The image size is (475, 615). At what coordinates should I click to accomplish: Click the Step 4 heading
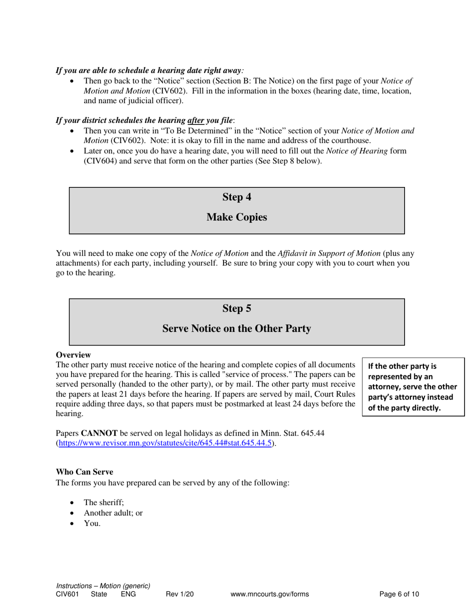(x=236, y=197)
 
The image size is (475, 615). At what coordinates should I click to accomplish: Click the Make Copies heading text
(x=236, y=217)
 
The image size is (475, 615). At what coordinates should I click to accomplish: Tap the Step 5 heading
(x=236, y=309)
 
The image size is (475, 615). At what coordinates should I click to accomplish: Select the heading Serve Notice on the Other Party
(x=236, y=329)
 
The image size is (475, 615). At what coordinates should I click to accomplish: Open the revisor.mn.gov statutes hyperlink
(x=165, y=443)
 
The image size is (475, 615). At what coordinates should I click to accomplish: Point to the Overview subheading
(x=73, y=354)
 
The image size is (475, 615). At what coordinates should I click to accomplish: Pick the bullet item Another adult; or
(x=113, y=513)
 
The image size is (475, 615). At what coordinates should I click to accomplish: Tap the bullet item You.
(x=92, y=523)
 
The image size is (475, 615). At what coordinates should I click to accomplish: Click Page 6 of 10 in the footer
(x=399, y=594)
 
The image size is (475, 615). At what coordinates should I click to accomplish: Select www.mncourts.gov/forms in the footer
(x=269, y=594)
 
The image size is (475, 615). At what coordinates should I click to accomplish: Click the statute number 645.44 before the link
(x=313, y=433)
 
